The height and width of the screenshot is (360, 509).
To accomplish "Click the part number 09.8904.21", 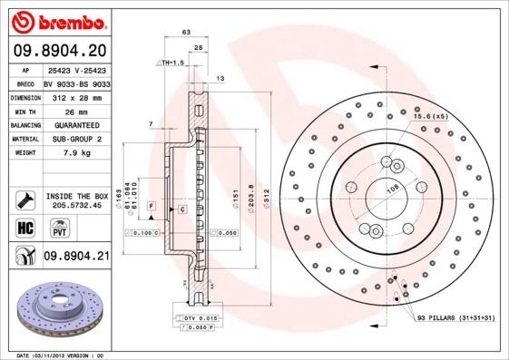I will click(76, 257).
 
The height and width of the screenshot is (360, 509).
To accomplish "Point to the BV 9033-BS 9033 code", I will click(76, 82).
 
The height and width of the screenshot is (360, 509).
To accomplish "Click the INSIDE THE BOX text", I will click(76, 194).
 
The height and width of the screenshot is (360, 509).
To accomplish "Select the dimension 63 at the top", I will click(186, 32).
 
